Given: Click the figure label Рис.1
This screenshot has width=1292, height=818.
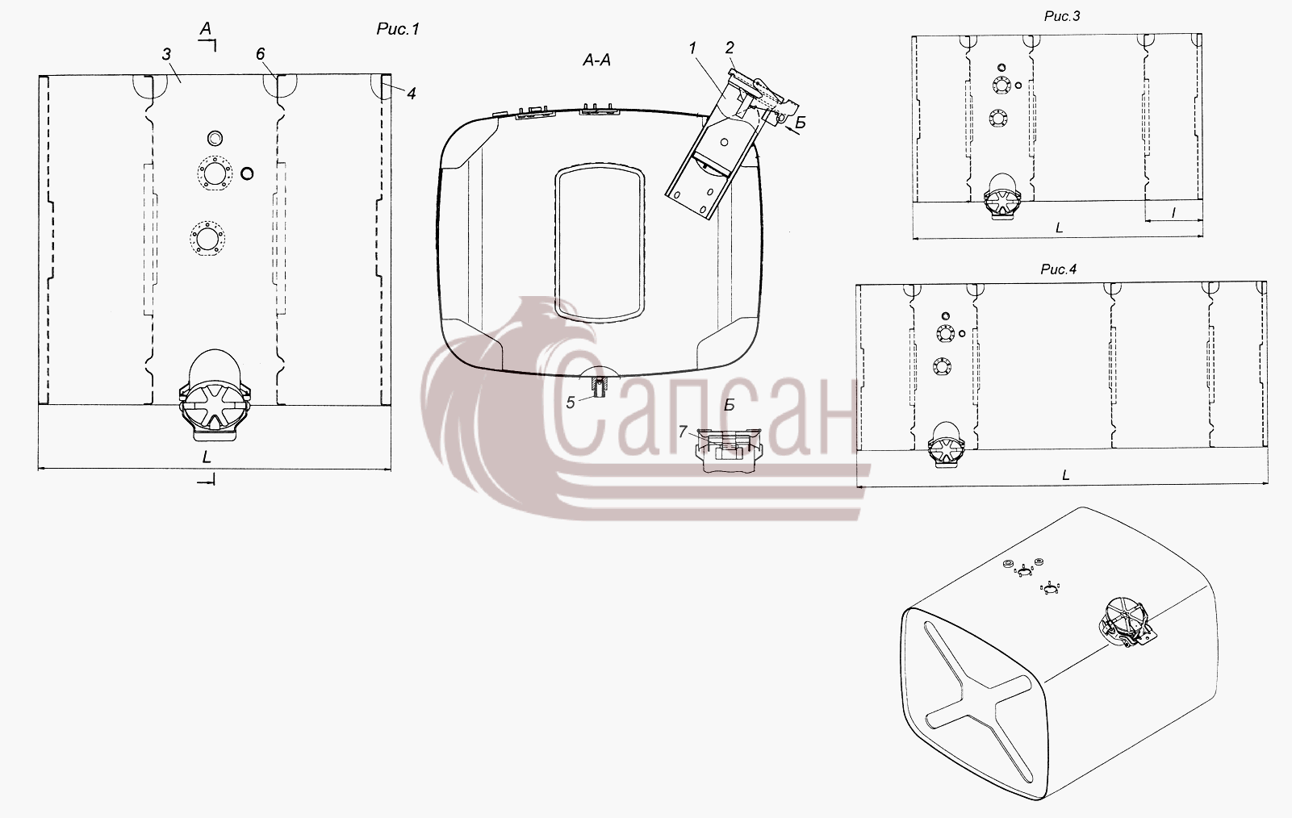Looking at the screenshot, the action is coord(397,29).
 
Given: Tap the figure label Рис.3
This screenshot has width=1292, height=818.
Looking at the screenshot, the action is coord(1062,16).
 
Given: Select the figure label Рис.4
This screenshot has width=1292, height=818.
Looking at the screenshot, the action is coord(1059,269).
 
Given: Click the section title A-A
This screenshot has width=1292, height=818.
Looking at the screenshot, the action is coord(596,60).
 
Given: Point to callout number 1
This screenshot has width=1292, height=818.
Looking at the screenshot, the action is coord(692,48).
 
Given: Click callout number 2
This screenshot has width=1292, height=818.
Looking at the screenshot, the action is coord(730,48).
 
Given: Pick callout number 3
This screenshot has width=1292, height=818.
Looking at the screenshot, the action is coord(166,55).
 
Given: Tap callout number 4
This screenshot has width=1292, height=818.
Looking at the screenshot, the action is coord(411,94).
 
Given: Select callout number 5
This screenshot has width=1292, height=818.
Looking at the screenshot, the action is coord(570,403).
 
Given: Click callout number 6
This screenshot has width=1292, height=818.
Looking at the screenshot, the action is coord(260,54).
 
